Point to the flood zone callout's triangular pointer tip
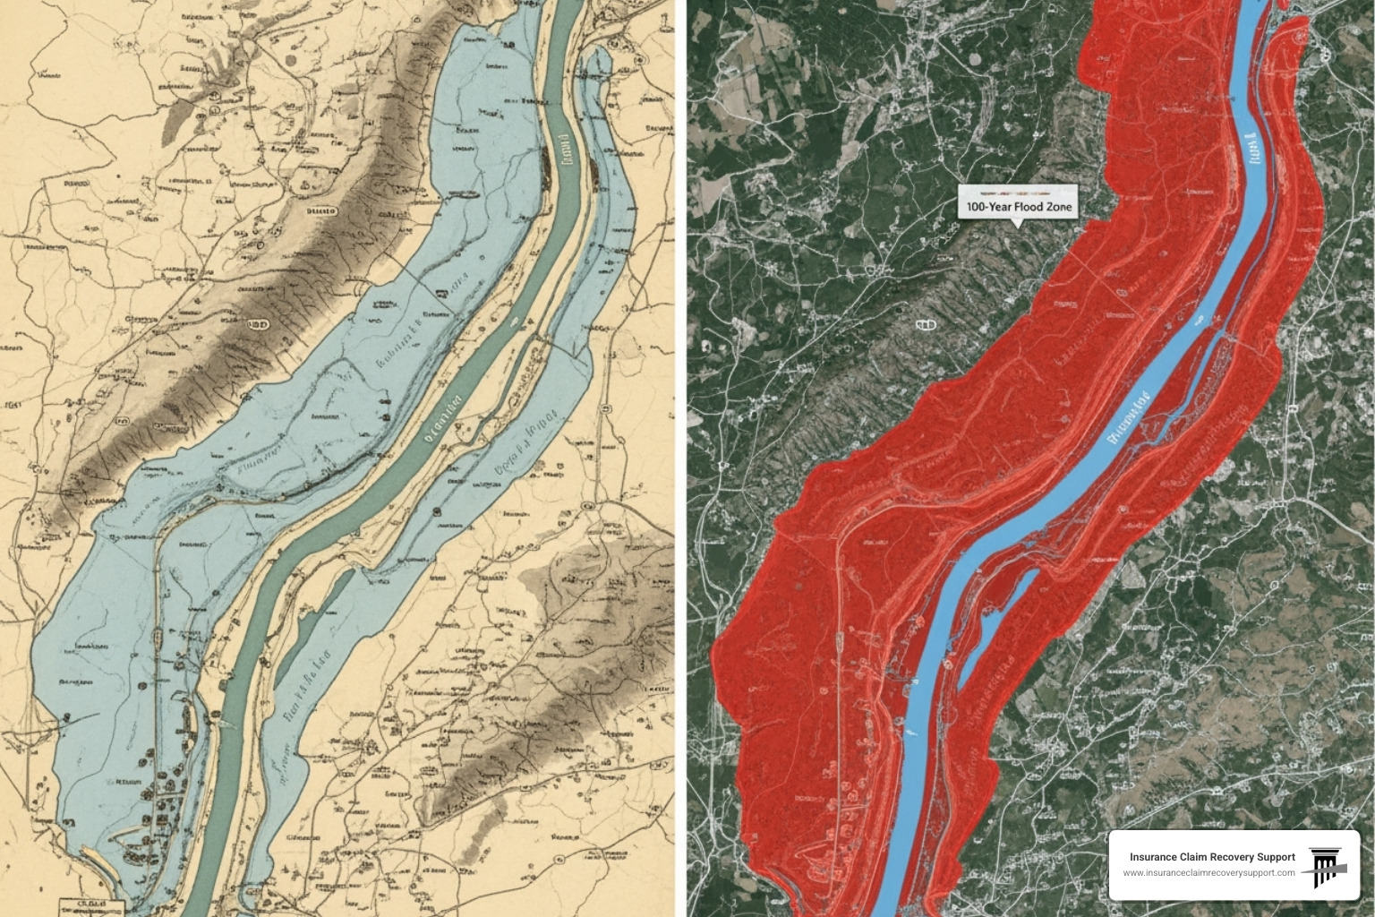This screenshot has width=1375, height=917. pyautogui.click(x=1016, y=227)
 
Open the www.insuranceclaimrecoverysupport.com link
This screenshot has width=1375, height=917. pyautogui.click(x=1208, y=873)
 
